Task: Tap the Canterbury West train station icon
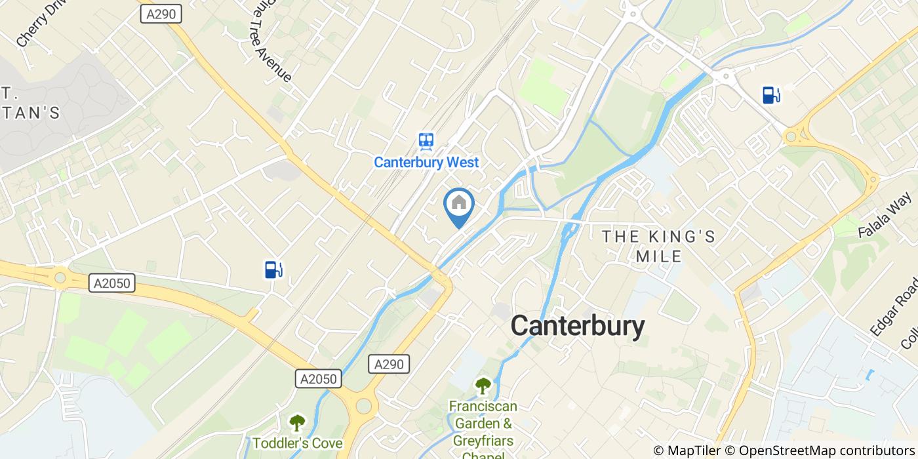426,141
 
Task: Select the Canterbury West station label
426,162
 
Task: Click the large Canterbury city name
577,325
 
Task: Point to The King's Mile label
659,246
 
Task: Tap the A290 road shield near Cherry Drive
161,14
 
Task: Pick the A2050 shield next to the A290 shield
319,379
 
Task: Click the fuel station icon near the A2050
273,269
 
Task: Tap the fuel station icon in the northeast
771,95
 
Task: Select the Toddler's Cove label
297,443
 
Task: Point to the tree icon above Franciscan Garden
483,386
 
